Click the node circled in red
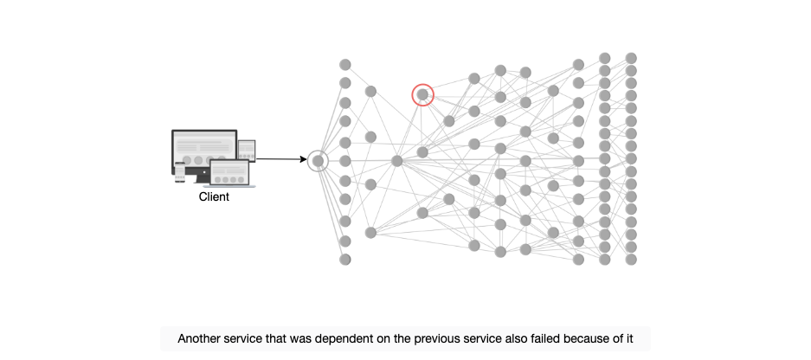click(x=422, y=94)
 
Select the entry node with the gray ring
click(x=319, y=161)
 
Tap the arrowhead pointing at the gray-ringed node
click(x=304, y=159)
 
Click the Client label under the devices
click(x=214, y=196)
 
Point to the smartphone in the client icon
click(x=179, y=172)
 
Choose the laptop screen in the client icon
click(x=229, y=173)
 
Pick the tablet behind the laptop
click(x=247, y=150)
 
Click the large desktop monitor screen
click(x=204, y=149)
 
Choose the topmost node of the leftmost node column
click(x=345, y=65)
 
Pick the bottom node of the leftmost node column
click(x=345, y=259)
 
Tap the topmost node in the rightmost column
click(x=630, y=58)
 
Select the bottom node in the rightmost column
click(x=630, y=259)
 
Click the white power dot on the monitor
click(x=204, y=171)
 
